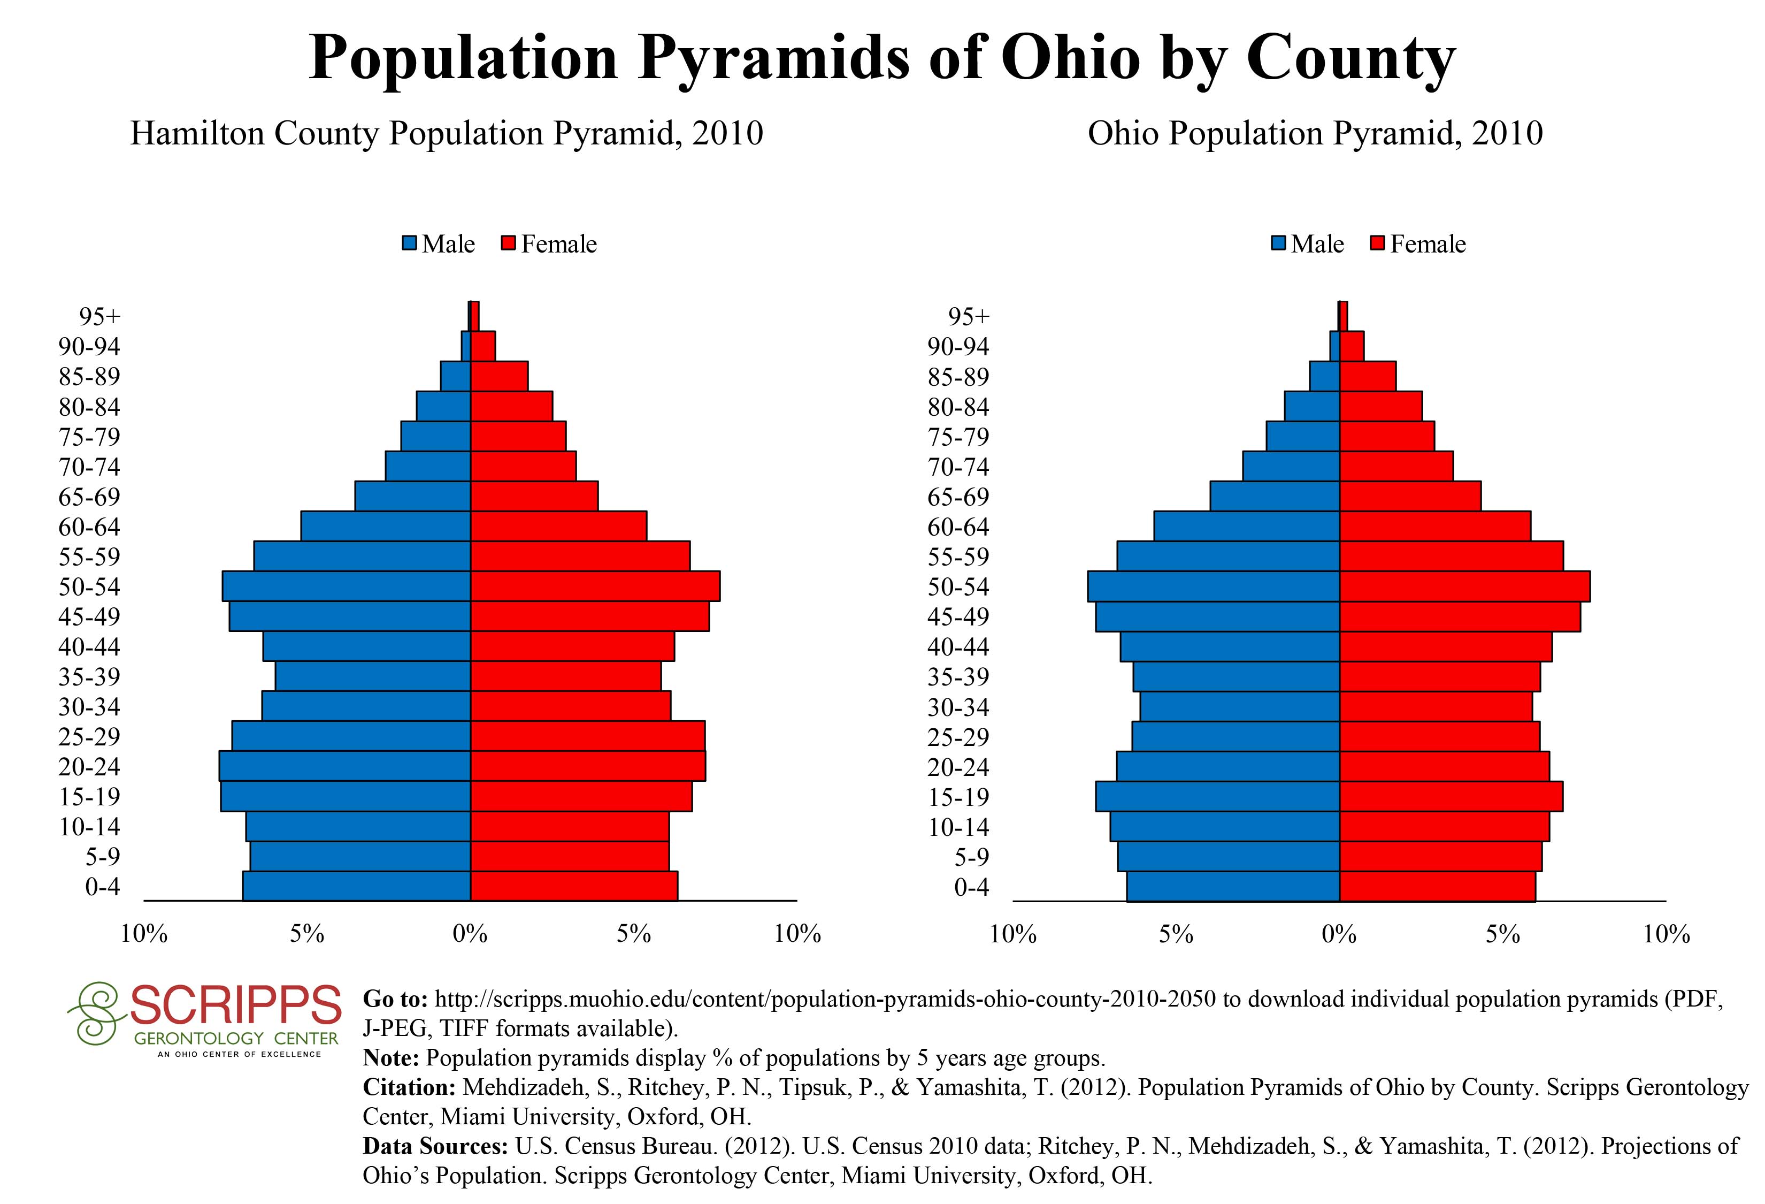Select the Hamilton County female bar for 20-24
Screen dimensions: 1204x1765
point(588,766)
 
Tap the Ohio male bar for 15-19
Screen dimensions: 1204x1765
point(1217,796)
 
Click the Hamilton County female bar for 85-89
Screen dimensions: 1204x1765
point(499,376)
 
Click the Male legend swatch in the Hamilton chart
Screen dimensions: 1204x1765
point(410,244)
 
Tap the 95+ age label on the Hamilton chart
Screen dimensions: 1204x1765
point(99,317)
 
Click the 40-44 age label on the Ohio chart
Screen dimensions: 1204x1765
point(958,647)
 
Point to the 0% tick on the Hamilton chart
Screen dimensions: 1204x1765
point(470,934)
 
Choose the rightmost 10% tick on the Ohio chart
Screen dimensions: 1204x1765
point(1666,934)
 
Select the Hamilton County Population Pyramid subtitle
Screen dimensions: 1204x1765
point(447,134)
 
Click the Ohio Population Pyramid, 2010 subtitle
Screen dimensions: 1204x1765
point(1315,134)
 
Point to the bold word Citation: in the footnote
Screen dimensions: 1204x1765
point(409,1087)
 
